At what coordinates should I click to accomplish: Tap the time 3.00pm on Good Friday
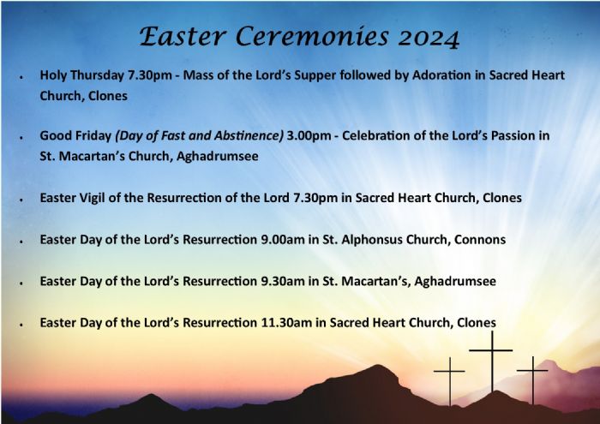[x=312, y=135]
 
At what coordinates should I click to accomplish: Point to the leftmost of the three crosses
[x=449, y=379]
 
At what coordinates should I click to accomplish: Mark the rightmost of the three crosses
[x=532, y=378]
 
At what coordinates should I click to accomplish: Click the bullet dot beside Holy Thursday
[x=19, y=77]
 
